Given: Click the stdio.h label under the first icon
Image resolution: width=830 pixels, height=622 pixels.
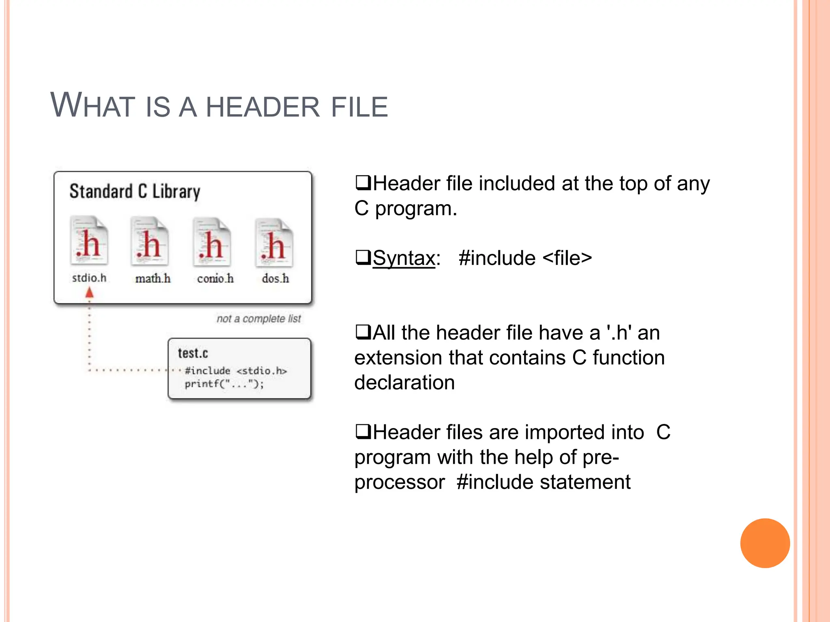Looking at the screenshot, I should pyautogui.click(x=89, y=278).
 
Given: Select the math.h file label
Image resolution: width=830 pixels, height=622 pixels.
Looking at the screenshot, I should pyautogui.click(x=153, y=279).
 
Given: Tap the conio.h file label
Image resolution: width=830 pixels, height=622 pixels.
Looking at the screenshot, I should pyautogui.click(x=215, y=279).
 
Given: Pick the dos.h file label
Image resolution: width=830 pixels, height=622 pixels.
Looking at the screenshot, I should pyautogui.click(x=275, y=279).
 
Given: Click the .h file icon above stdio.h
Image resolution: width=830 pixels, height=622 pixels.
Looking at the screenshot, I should pyautogui.click(x=89, y=241).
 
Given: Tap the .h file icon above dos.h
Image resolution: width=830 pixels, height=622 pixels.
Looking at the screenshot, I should pyautogui.click(x=274, y=243).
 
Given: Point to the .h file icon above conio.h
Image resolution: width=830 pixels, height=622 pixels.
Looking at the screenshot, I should pyautogui.click(x=212, y=242).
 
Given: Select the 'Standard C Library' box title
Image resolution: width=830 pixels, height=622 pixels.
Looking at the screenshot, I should pyautogui.click(x=135, y=191).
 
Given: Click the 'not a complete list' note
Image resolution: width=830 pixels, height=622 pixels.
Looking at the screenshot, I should pyautogui.click(x=259, y=319).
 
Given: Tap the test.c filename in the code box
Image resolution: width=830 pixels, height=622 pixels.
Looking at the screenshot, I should pyautogui.click(x=193, y=353).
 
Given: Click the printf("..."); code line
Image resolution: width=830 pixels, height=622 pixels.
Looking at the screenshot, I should pyautogui.click(x=224, y=383).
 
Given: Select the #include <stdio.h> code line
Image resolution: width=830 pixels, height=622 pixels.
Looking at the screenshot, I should pyautogui.click(x=235, y=371).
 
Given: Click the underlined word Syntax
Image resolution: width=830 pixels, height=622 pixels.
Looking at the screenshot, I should pyautogui.click(x=404, y=258).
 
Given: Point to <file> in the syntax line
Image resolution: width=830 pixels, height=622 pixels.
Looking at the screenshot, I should pyautogui.click(x=567, y=258).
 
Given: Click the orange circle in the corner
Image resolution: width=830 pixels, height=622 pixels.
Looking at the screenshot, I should pyautogui.click(x=765, y=543).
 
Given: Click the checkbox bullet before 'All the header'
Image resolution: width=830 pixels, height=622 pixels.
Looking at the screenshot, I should pyautogui.click(x=363, y=332).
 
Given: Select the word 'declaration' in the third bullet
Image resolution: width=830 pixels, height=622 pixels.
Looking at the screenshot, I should pyautogui.click(x=404, y=383).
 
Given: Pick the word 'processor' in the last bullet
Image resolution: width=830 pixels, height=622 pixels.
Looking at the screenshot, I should pyautogui.click(x=400, y=482).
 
